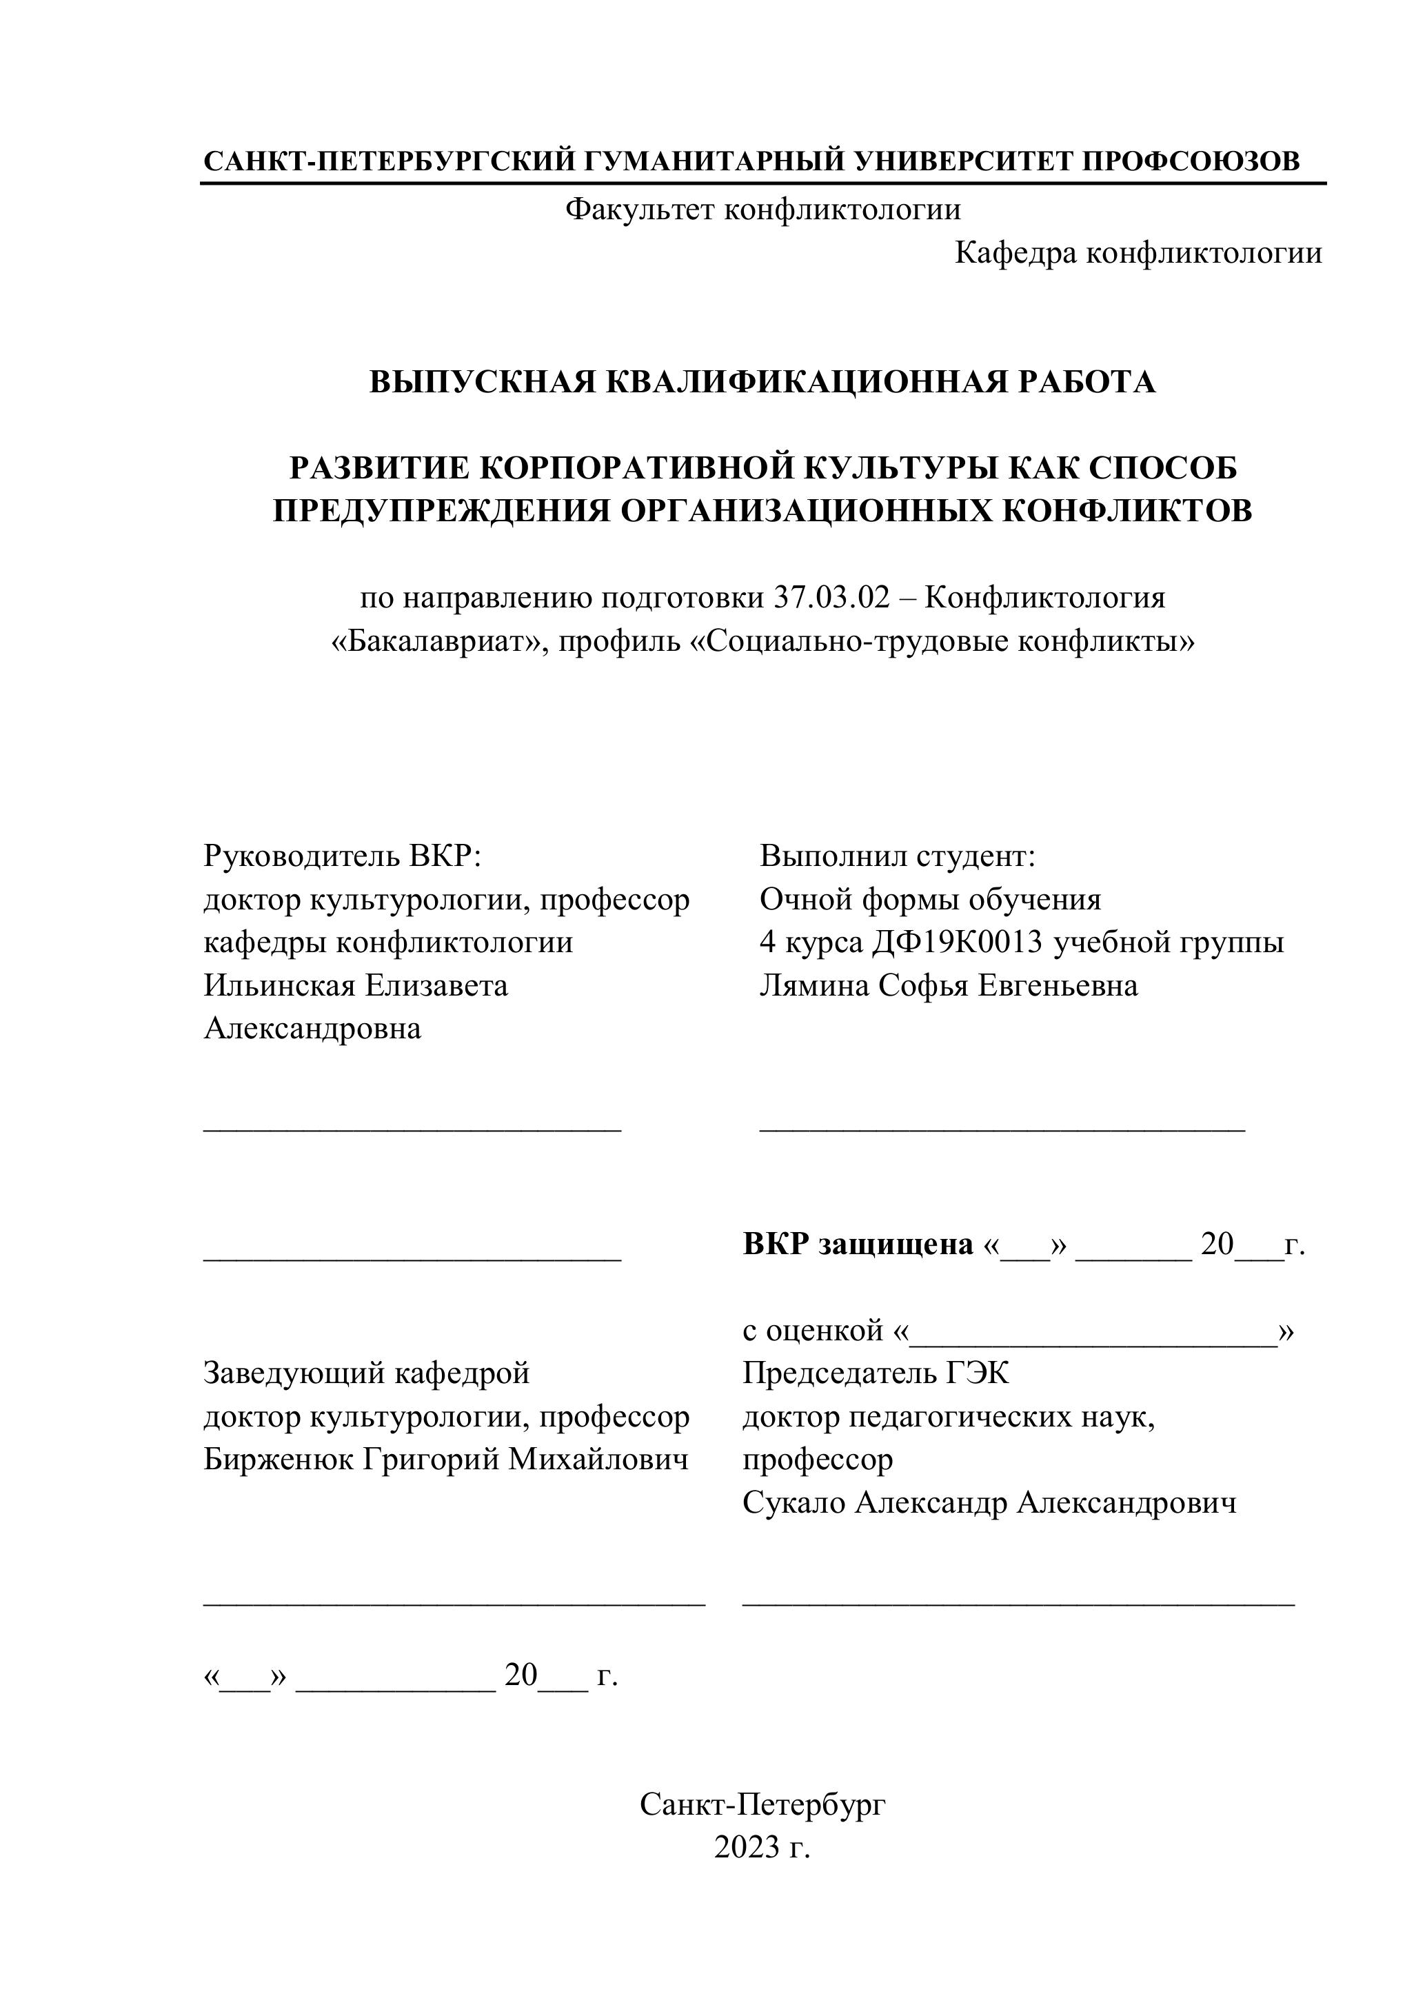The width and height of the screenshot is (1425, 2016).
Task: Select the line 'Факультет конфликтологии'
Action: [x=762, y=209]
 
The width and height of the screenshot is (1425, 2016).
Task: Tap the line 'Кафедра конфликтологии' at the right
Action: [x=1138, y=253]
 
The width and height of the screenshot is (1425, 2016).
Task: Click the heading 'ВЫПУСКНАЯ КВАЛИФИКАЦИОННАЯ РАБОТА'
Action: [x=762, y=382]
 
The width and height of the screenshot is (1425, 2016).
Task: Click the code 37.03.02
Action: [x=832, y=598]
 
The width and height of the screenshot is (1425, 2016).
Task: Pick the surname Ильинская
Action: [x=280, y=985]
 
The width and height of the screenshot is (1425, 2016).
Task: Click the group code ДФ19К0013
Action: [x=957, y=942]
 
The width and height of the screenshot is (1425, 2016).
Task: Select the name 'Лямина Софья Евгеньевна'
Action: [x=948, y=985]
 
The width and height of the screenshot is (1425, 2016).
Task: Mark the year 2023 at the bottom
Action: [x=747, y=1847]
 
